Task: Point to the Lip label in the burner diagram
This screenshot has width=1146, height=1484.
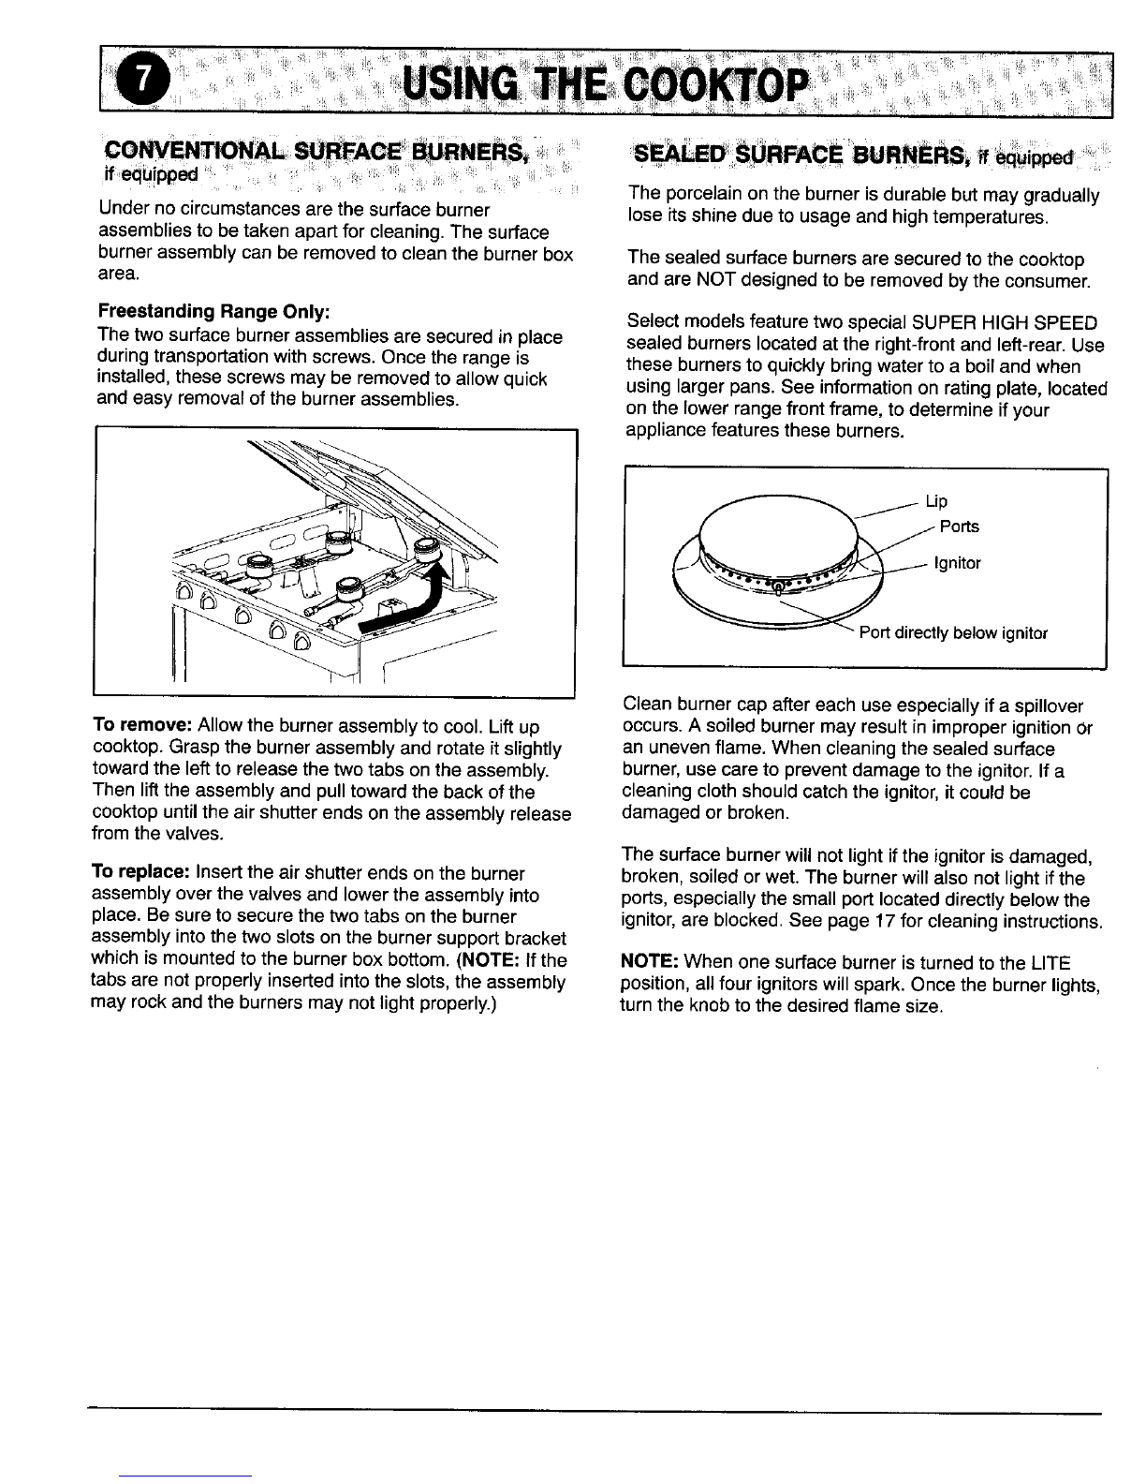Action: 936,501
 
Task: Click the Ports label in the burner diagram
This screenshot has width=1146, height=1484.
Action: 959,527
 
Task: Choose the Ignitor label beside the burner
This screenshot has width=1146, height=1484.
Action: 957,563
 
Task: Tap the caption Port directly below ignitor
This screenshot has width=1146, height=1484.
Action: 952,632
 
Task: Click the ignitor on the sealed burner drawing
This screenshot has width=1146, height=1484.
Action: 776,586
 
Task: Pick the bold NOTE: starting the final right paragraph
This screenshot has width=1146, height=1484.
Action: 651,964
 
